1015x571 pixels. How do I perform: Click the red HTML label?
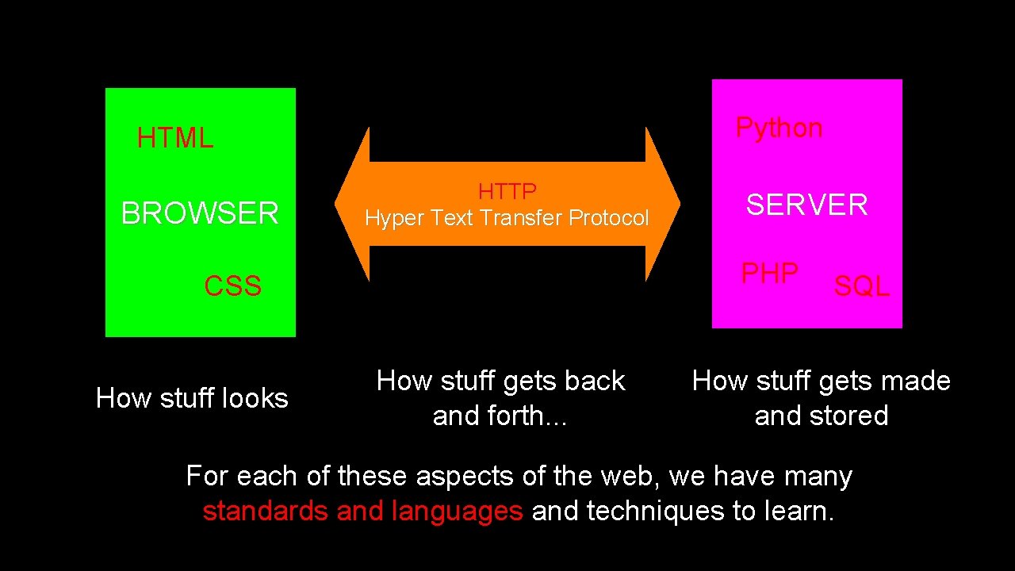174,139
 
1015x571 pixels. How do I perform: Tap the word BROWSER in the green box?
200,213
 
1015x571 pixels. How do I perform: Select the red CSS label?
232,286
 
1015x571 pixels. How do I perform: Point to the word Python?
779,128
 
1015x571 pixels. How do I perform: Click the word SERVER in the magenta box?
806,205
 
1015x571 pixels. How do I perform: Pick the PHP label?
769,274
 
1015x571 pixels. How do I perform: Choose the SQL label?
861,286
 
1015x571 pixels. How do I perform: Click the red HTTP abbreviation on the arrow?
507,191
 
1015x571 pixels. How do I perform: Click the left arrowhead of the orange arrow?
351,204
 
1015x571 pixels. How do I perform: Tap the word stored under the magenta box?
852,416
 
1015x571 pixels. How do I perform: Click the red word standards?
266,512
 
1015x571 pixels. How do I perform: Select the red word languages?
457,512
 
